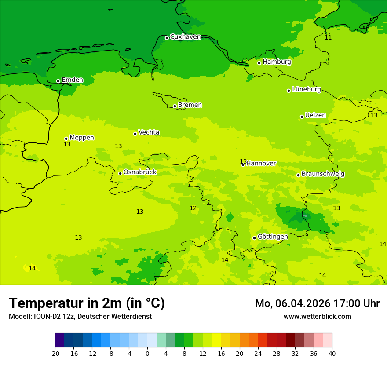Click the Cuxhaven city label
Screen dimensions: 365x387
click(185, 37)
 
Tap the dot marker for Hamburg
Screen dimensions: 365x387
click(259, 63)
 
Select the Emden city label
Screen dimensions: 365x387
click(72, 80)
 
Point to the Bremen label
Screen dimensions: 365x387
click(190, 105)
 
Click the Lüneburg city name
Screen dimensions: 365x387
click(307, 90)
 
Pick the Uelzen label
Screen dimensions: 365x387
click(315, 116)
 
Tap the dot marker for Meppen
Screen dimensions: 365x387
click(66, 139)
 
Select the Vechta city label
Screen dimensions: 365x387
click(149, 132)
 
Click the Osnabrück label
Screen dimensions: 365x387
click(140, 172)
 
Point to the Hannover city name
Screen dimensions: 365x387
click(261, 164)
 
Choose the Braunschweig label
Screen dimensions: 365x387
click(323, 174)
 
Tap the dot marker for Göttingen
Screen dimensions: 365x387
click(254, 238)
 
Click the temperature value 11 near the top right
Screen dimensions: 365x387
click(328, 37)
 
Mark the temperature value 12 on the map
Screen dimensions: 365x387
click(193, 208)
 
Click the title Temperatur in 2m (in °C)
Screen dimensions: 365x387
click(87, 303)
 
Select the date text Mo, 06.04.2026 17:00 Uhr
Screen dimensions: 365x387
click(317, 303)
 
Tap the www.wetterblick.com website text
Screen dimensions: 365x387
click(317, 316)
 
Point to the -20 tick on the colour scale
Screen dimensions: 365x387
click(55, 353)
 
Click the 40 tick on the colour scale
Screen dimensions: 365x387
click(332, 353)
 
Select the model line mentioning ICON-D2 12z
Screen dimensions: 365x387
click(80, 317)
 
